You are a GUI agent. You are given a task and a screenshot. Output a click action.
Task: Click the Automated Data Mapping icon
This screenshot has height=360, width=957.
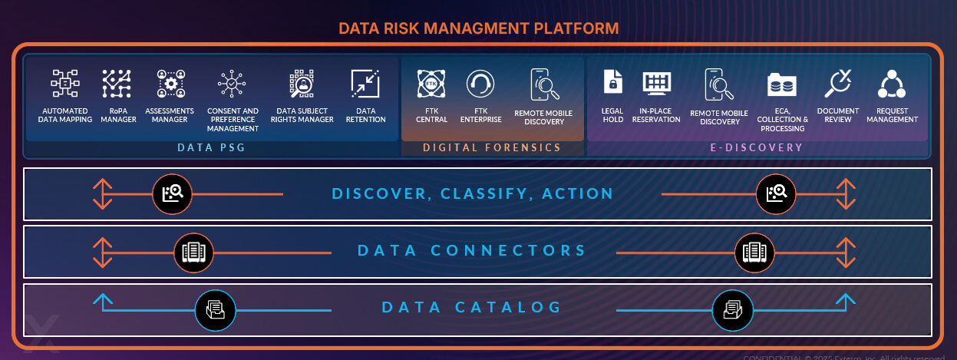(66, 83)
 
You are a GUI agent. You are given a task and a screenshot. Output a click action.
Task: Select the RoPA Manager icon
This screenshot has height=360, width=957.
(117, 83)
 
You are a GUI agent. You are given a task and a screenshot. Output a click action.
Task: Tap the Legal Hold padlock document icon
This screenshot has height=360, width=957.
(612, 81)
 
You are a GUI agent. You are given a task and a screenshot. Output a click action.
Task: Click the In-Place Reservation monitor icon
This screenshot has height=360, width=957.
(656, 81)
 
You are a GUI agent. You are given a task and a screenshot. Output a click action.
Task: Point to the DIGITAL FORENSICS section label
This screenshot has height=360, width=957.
(492, 147)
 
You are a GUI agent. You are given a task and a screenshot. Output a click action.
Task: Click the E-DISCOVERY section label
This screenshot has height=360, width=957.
(756, 147)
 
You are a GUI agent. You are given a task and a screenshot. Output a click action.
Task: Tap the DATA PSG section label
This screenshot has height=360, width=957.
(211, 147)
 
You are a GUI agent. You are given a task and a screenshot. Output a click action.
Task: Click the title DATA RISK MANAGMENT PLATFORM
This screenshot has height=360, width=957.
(478, 29)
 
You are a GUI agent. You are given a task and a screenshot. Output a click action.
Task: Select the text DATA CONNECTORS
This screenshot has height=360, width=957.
(471, 251)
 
